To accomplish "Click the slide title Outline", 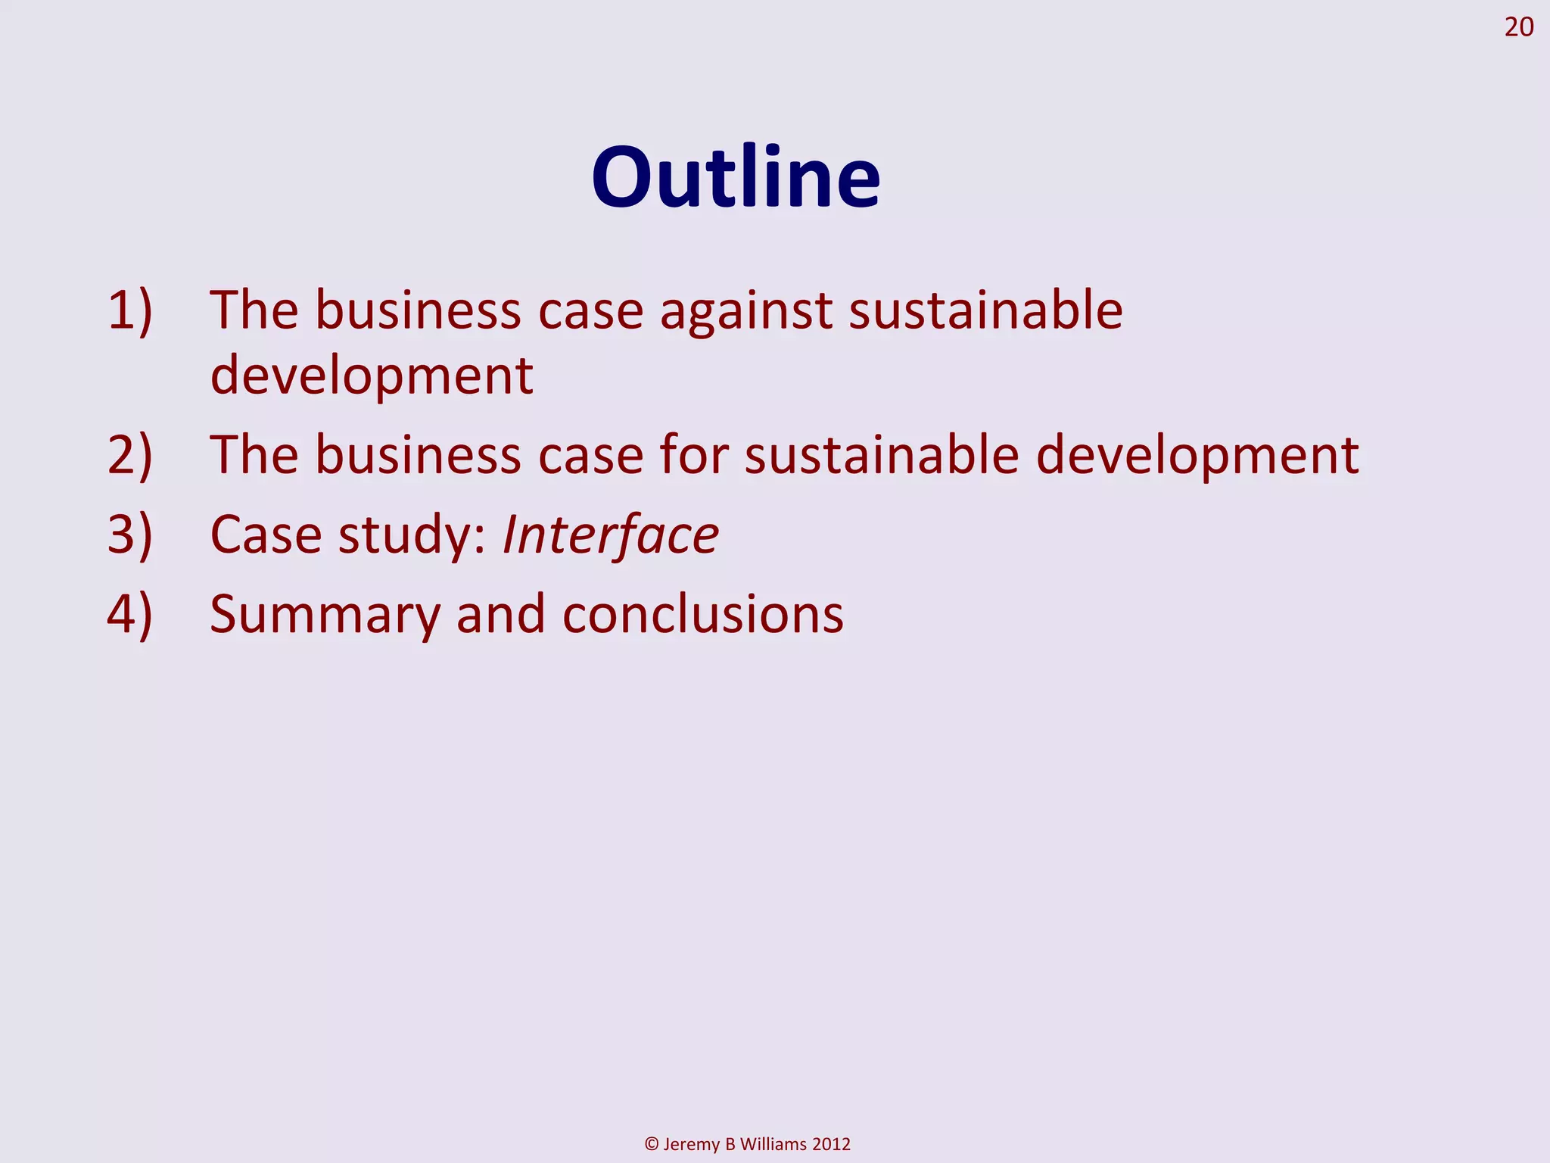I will tap(736, 179).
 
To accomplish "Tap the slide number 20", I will tap(1518, 28).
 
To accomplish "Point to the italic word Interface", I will tap(610, 535).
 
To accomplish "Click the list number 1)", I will tap(130, 310).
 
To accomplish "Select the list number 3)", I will tap(130, 535).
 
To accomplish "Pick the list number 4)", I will tap(130, 614).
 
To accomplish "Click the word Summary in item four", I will tap(325, 614).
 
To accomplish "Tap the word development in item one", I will tap(372, 375).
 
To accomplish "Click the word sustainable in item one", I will tap(985, 310).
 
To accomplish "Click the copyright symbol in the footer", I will tap(651, 1144).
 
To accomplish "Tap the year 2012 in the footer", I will tap(831, 1144).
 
